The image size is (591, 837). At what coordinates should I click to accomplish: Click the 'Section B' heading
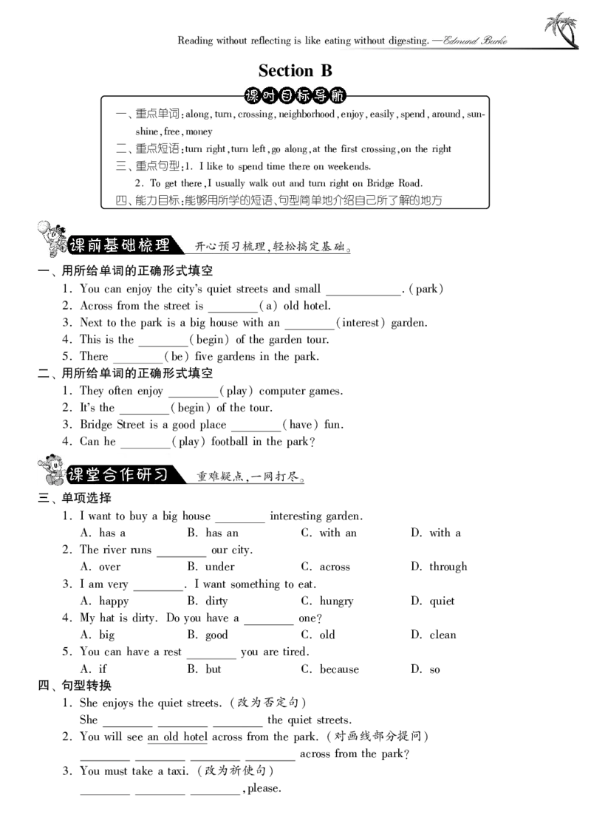pyautogui.click(x=295, y=70)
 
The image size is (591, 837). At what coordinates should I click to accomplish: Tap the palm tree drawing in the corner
pyautogui.click(x=561, y=30)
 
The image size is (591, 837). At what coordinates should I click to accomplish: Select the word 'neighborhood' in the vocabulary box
pyautogui.click(x=307, y=115)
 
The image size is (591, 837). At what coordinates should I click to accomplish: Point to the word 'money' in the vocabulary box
pyautogui.click(x=199, y=131)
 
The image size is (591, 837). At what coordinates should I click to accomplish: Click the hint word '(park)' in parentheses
pyautogui.click(x=426, y=290)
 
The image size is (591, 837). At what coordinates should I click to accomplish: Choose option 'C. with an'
pyautogui.click(x=329, y=533)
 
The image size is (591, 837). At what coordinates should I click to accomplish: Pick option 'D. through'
pyautogui.click(x=439, y=567)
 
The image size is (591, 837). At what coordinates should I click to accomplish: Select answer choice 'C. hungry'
pyautogui.click(x=327, y=601)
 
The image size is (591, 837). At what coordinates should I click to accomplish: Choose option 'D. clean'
pyautogui.click(x=434, y=635)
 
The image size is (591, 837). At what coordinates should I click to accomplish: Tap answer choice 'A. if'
pyautogui.click(x=93, y=669)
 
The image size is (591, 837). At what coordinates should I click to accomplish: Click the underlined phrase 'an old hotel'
pyautogui.click(x=177, y=737)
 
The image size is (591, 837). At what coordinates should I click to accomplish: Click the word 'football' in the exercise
pyautogui.click(x=230, y=442)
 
